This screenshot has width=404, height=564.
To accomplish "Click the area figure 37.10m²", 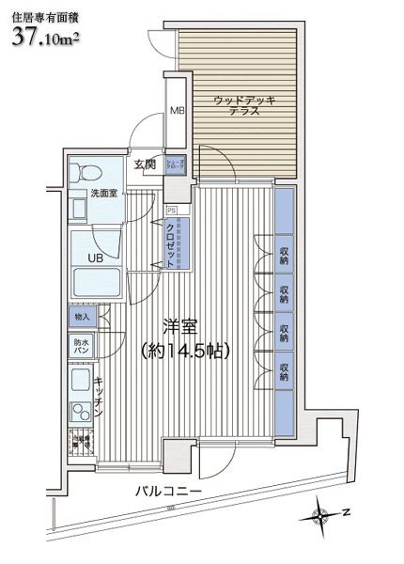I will pyautogui.click(x=47, y=38).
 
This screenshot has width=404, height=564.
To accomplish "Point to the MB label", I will pyautogui.click(x=176, y=111).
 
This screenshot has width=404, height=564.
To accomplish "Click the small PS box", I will pyautogui.click(x=171, y=209).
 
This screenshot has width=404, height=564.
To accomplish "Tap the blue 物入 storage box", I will pyautogui.click(x=80, y=318).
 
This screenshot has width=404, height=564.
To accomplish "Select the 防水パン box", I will pyautogui.click(x=82, y=345).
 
